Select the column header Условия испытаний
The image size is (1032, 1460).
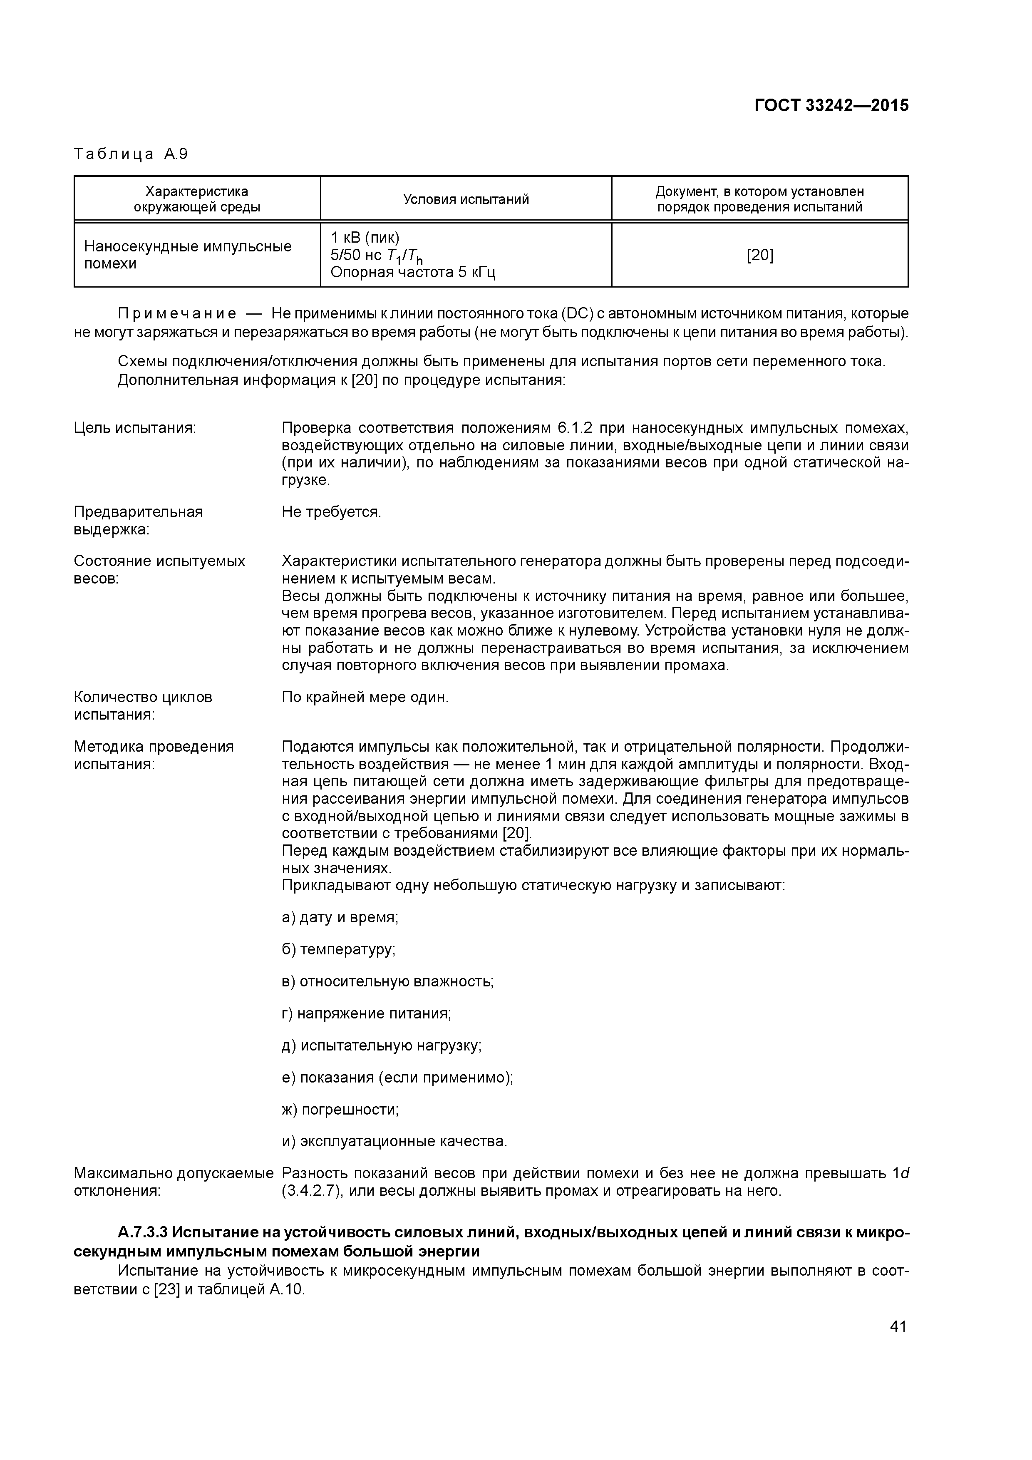pyautogui.click(x=466, y=200)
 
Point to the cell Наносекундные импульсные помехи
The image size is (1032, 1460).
pyautogui.click(x=188, y=255)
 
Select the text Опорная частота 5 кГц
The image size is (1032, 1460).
pyautogui.click(x=413, y=273)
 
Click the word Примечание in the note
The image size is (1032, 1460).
pyautogui.click(x=177, y=313)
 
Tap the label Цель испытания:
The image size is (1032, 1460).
pyautogui.click(x=135, y=428)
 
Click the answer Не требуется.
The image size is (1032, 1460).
pyautogui.click(x=331, y=512)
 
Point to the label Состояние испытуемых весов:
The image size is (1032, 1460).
pyautogui.click(x=159, y=570)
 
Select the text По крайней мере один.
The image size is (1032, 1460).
pyautogui.click(x=365, y=697)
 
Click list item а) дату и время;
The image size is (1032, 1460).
pyautogui.click(x=340, y=918)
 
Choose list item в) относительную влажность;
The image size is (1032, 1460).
pyautogui.click(x=387, y=981)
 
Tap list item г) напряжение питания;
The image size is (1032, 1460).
pyautogui.click(x=366, y=1013)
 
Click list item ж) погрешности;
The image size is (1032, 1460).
pyautogui.click(x=340, y=1110)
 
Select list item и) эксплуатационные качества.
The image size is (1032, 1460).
pyautogui.click(x=394, y=1142)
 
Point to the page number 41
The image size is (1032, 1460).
pyautogui.click(x=898, y=1326)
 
